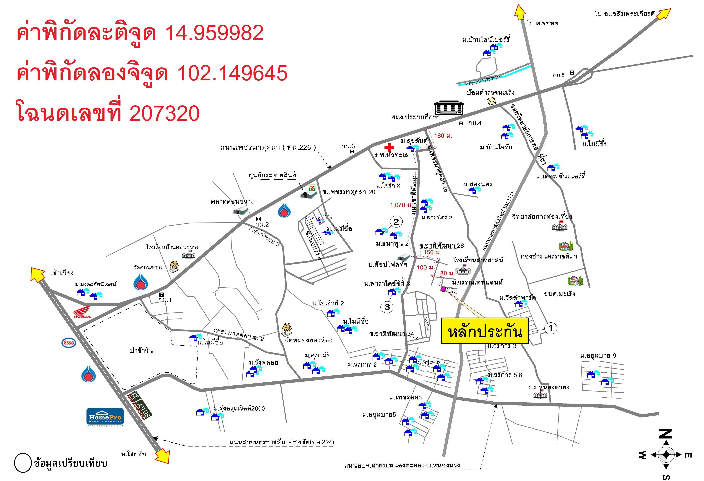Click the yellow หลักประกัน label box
pos(485,331)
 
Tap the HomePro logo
pos(105,417)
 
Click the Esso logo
pos(68,343)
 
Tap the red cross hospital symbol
pos(389,147)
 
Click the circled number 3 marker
pos(387,307)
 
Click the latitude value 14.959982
pos(214,33)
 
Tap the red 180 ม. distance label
pos(443,136)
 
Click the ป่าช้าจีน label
pos(141,350)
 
